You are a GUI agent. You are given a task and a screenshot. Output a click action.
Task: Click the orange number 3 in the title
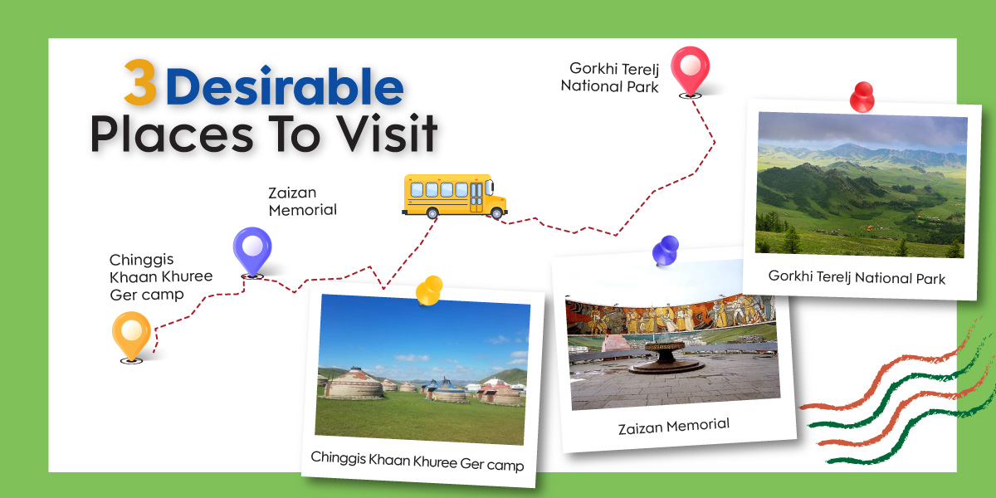tap(140, 82)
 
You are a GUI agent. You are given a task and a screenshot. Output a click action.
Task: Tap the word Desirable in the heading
tap(285, 85)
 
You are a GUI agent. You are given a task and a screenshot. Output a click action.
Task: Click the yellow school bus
tap(455, 196)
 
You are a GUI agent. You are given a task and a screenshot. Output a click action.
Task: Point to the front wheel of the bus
tap(496, 213)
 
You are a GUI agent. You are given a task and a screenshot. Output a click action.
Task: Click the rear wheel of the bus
tap(432, 213)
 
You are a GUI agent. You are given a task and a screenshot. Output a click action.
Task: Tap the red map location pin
tap(690, 71)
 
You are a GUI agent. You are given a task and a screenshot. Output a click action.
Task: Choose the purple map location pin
tap(252, 252)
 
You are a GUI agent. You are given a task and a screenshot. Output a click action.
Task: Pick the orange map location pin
tap(131, 337)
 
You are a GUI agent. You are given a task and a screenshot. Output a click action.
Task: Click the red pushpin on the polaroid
tap(862, 97)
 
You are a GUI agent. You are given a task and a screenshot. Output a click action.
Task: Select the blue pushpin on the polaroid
tap(666, 251)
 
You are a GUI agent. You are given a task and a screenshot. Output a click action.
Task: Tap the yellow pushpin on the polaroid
tap(429, 290)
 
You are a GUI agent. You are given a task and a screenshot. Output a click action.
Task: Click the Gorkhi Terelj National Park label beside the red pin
tap(609, 77)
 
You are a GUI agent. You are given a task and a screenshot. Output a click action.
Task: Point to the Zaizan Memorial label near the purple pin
tap(302, 202)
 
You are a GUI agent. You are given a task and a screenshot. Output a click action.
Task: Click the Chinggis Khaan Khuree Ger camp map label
tap(161, 277)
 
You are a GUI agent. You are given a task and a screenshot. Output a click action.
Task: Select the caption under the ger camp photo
tap(417, 461)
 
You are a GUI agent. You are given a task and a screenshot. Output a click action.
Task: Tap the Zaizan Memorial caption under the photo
tap(674, 426)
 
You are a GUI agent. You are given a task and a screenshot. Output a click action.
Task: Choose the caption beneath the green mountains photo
tap(857, 277)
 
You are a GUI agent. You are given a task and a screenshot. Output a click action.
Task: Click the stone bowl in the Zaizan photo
tap(665, 357)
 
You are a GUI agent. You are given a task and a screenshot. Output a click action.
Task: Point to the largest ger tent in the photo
tap(354, 383)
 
